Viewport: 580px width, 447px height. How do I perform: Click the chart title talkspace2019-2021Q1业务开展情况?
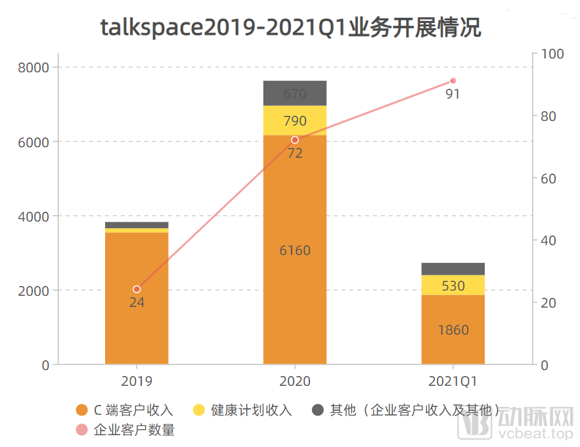point(290,28)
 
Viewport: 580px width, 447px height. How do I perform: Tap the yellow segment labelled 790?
point(295,121)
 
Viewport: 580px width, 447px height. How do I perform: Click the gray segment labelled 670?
point(295,93)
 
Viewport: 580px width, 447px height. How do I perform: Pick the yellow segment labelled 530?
point(453,285)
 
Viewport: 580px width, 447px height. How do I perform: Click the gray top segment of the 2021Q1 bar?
point(453,269)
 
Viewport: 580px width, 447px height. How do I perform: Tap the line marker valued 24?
point(137,289)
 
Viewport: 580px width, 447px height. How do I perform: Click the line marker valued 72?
point(295,140)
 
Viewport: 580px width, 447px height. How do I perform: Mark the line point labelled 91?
point(453,81)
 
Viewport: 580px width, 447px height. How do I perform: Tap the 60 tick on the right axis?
point(547,178)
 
